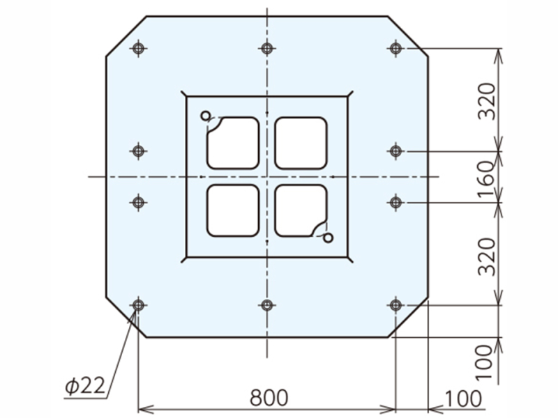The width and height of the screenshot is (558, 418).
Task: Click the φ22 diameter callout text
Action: coord(85,385)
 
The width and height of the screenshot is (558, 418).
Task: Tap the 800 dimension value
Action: coord(269,397)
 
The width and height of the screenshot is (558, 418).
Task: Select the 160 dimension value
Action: coord(486,180)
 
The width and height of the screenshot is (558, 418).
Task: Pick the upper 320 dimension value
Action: coord(486,101)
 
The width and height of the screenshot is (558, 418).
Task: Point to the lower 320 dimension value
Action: coord(486,257)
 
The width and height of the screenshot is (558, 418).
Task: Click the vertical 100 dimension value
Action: coord(484,362)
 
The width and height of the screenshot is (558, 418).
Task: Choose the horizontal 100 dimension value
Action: coord(463,398)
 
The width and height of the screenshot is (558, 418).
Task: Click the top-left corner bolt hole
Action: coord(138,48)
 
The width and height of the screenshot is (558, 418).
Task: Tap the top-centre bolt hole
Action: coord(267,48)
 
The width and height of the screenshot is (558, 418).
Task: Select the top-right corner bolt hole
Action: coord(395,48)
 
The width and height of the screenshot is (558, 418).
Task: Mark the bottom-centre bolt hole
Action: coord(267,305)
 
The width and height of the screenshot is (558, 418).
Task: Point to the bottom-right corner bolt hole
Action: coord(395,305)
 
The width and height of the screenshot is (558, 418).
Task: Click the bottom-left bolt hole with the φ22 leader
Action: coord(138,305)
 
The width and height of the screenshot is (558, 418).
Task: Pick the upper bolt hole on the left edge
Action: coord(138,151)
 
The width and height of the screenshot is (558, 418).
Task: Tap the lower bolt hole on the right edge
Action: coord(395,203)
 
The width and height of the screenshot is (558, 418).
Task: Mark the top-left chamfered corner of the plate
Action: coord(126,36)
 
